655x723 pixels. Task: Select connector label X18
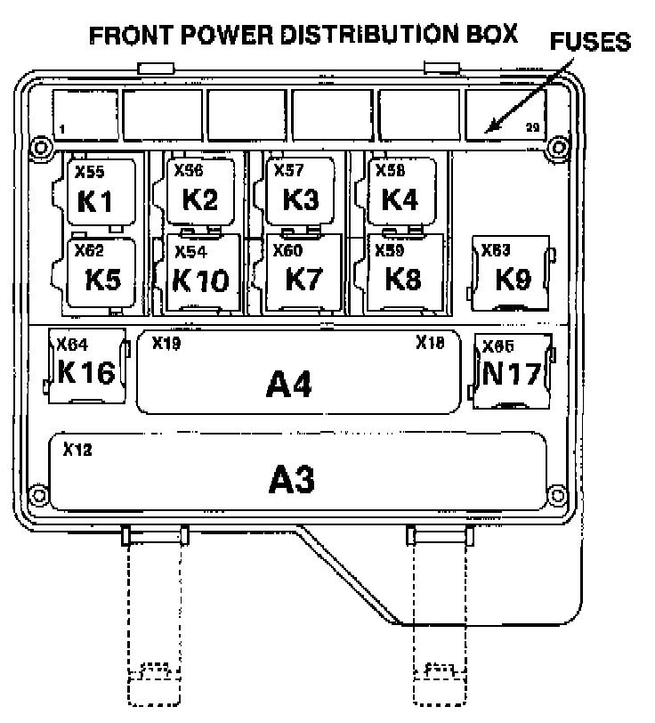click(431, 342)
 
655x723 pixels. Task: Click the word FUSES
click(590, 42)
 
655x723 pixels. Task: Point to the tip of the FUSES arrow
click(486, 133)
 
